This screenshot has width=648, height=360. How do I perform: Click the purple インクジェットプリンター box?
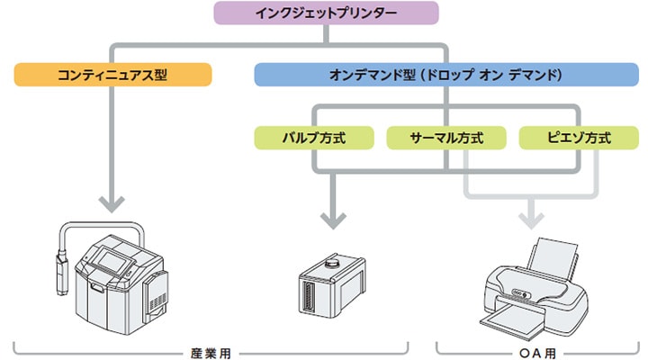[326, 13]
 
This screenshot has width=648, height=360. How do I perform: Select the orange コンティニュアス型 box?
[112, 74]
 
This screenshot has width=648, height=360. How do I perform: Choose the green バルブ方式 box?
[314, 139]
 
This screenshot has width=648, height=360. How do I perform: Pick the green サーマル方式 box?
[445, 139]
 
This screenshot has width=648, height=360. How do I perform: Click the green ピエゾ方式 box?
[578, 139]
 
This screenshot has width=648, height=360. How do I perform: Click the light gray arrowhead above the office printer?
[532, 219]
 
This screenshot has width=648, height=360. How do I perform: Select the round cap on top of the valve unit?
[331, 264]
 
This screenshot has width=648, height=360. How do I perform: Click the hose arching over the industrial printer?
[99, 225]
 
